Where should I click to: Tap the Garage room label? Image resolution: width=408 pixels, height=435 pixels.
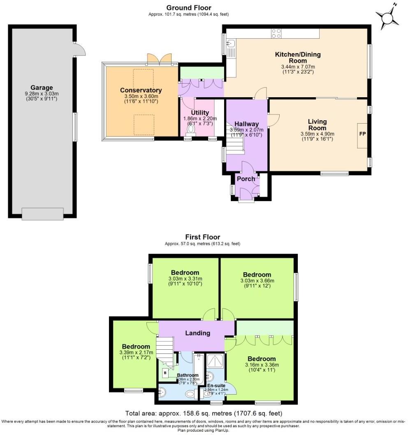(x=42, y=87)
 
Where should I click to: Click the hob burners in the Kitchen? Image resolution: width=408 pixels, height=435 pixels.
(x=276, y=33)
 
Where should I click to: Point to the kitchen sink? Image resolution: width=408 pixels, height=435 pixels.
(x=230, y=43)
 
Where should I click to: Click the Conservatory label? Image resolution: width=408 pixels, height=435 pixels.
(x=141, y=90)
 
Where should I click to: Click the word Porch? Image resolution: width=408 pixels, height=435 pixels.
(x=246, y=179)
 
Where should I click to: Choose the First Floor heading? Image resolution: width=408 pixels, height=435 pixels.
(x=202, y=237)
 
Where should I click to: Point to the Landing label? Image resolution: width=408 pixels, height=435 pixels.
(x=198, y=333)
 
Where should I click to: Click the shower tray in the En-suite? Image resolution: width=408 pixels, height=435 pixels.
(x=216, y=361)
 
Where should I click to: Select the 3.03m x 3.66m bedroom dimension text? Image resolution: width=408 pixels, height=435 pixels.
(x=257, y=281)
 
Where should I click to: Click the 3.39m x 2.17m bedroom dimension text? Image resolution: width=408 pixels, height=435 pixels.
(x=136, y=352)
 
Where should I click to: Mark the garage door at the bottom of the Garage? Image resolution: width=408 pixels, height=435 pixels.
(x=42, y=214)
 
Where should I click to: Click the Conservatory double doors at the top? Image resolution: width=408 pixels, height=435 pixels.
(x=159, y=59)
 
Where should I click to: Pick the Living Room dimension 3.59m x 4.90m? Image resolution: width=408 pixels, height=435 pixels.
(x=317, y=133)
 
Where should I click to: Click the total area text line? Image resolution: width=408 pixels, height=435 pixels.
(x=204, y=413)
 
